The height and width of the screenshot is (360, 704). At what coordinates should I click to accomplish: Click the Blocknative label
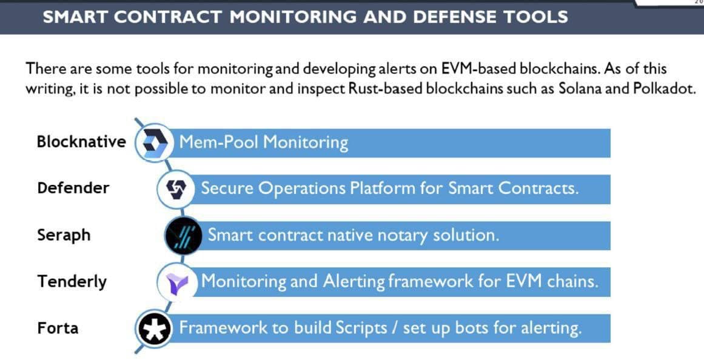click(x=81, y=141)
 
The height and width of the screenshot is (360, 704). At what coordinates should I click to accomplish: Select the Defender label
click(x=73, y=188)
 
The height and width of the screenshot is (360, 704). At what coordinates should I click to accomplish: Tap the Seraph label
click(x=64, y=235)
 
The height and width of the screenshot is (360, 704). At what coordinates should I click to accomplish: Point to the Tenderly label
click(x=72, y=281)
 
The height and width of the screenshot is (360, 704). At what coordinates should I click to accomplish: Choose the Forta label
click(x=58, y=328)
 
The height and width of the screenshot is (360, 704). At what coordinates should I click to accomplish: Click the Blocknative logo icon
click(x=154, y=142)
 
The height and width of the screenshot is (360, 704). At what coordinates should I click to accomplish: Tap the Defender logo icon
click(x=176, y=189)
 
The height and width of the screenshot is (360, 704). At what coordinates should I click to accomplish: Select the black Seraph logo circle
click(x=184, y=235)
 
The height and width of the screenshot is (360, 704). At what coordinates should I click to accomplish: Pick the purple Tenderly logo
click(x=176, y=282)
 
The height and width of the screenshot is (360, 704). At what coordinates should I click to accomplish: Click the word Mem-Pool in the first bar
click(x=219, y=142)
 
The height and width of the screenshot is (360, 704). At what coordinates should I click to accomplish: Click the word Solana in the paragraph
click(x=580, y=88)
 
